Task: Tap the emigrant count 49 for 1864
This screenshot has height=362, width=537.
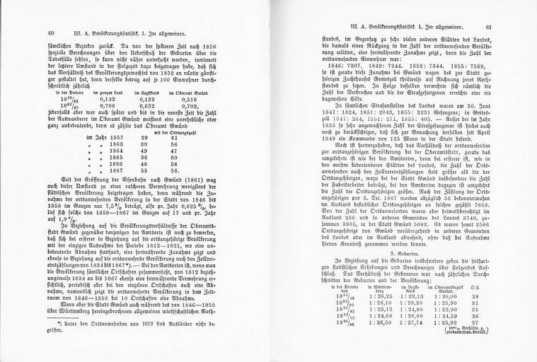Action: pyautogui.click(x=144, y=150)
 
